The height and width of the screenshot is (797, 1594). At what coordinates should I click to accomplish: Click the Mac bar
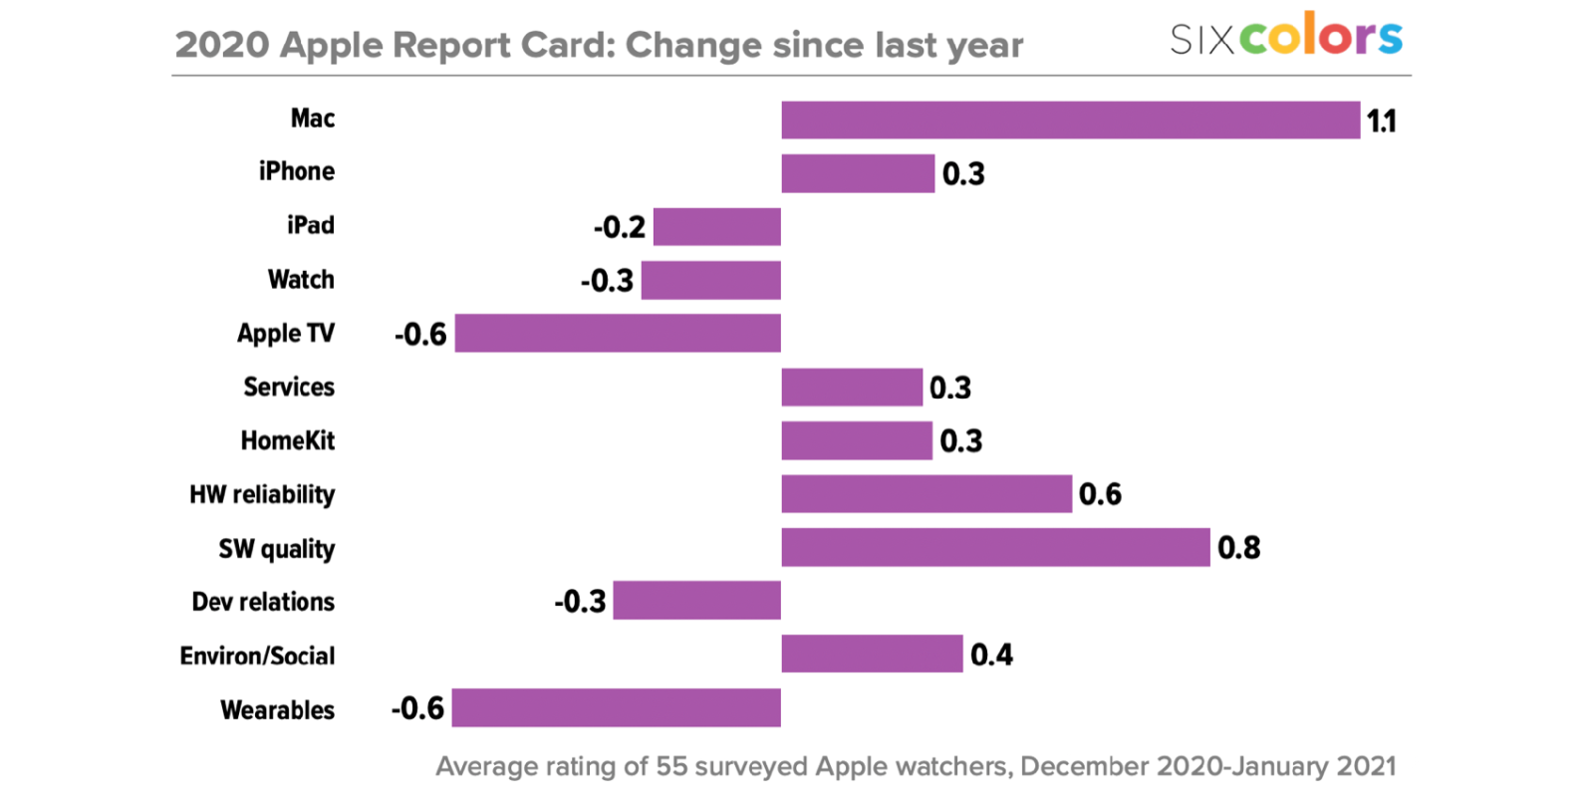click(x=1070, y=121)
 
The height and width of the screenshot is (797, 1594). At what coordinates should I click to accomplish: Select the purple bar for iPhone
click(x=858, y=173)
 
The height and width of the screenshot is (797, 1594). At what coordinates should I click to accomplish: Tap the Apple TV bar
click(x=618, y=334)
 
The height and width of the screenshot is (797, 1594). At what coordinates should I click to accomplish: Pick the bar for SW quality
click(x=995, y=548)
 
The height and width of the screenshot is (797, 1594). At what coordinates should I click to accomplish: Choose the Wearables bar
click(x=616, y=708)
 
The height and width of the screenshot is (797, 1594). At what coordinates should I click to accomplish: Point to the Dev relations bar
click(x=696, y=601)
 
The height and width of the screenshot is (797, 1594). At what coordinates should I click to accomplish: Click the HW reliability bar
click(x=927, y=494)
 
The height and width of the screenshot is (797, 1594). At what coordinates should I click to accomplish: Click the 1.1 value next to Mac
click(x=1381, y=122)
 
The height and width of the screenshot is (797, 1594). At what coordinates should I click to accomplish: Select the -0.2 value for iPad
click(x=619, y=227)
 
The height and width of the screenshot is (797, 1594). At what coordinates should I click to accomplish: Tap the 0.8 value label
click(x=1238, y=548)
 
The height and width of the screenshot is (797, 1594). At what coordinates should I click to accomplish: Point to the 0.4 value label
click(x=991, y=655)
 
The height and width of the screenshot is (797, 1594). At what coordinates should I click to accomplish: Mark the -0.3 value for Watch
click(x=607, y=281)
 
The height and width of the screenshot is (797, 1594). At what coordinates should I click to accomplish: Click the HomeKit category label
click(x=288, y=440)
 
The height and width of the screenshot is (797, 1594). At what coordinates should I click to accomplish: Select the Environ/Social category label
click(x=257, y=656)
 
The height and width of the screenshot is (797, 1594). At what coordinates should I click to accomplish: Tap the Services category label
click(x=289, y=387)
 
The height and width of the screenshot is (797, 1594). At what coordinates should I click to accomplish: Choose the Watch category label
click(x=301, y=279)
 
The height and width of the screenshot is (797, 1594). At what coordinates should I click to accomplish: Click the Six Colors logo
click(x=1285, y=37)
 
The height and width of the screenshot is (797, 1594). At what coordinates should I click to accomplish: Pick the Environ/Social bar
click(x=872, y=655)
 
